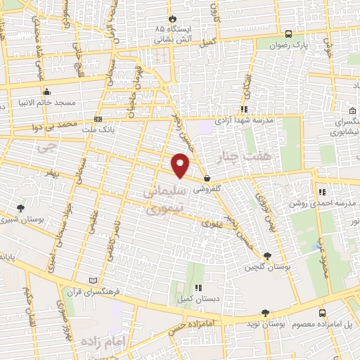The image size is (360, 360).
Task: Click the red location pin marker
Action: [181, 166]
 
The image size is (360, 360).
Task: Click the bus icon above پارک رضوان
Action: [288, 34]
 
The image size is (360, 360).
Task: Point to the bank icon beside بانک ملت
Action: [98, 119]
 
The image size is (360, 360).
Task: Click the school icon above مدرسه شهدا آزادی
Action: [244, 109]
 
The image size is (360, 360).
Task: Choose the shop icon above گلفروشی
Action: [205, 178]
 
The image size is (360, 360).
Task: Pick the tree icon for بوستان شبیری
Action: [20, 208]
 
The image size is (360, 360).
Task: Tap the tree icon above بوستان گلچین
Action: [266, 256]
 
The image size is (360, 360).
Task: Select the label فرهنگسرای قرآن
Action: [108, 290]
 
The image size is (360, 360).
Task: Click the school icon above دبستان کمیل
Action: [199, 287]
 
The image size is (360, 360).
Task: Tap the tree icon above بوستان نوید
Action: [265, 313]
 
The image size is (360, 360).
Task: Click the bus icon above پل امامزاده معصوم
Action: [322, 313]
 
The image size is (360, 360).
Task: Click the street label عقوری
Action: [211, 224]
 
